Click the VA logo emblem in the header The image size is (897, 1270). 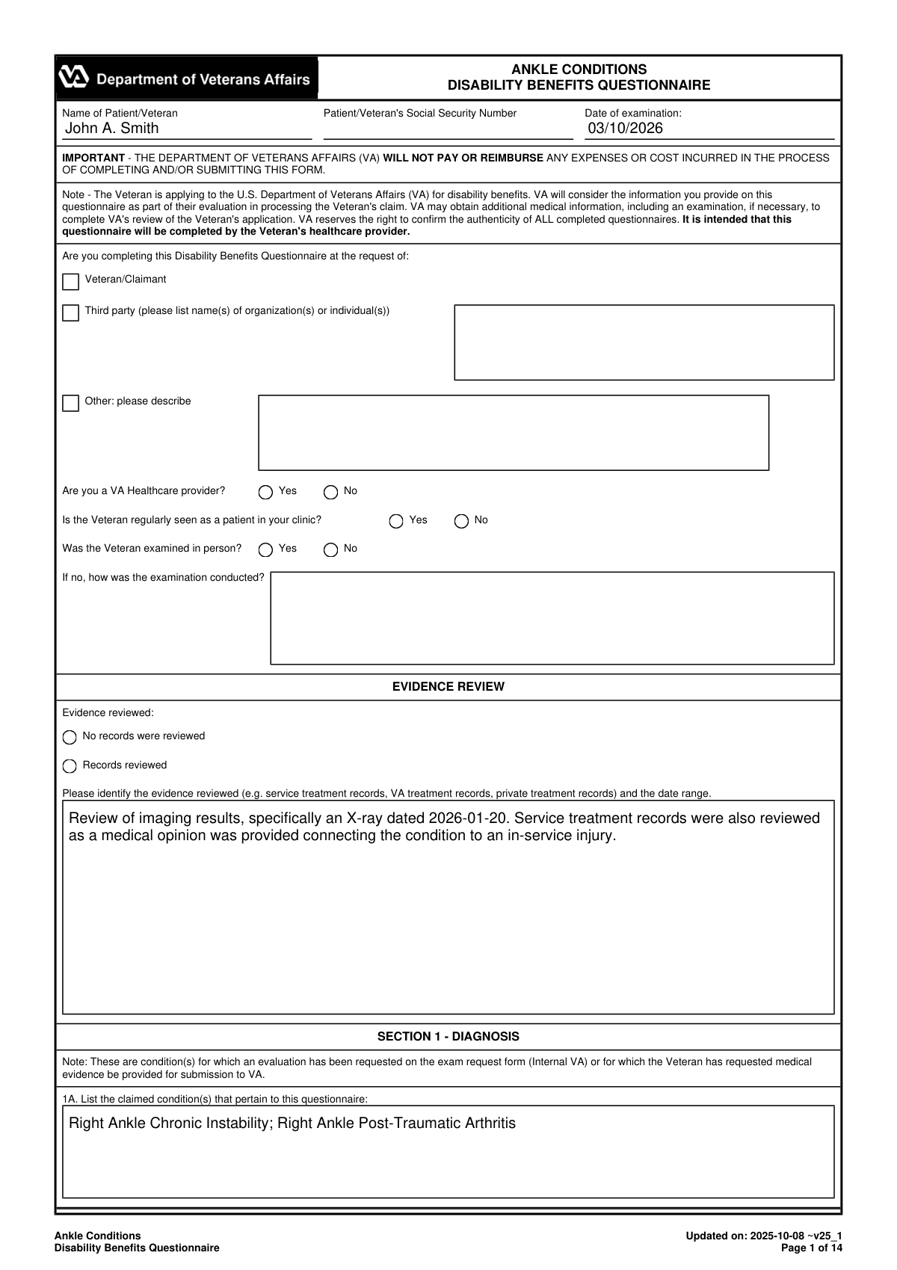coord(74,77)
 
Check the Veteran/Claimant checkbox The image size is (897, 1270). coord(71,282)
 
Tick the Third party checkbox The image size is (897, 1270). coord(71,312)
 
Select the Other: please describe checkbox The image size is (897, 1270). coord(71,404)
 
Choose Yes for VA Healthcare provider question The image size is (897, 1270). coord(265,492)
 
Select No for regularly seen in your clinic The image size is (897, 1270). coord(462,521)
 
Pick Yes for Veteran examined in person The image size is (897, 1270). coord(265,550)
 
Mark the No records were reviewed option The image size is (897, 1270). coord(70,737)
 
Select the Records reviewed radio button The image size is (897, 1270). coord(70,766)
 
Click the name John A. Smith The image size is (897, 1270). coord(112,128)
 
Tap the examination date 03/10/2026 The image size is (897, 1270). coord(625,128)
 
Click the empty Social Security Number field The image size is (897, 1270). coord(448,129)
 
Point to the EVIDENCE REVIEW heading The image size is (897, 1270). coord(448,686)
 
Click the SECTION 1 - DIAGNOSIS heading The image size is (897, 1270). coord(448,1036)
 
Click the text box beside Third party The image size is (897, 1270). coord(644,342)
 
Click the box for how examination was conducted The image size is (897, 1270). coord(552,618)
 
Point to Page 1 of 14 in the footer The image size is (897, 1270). coord(811,1248)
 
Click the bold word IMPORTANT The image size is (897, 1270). coord(93,158)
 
